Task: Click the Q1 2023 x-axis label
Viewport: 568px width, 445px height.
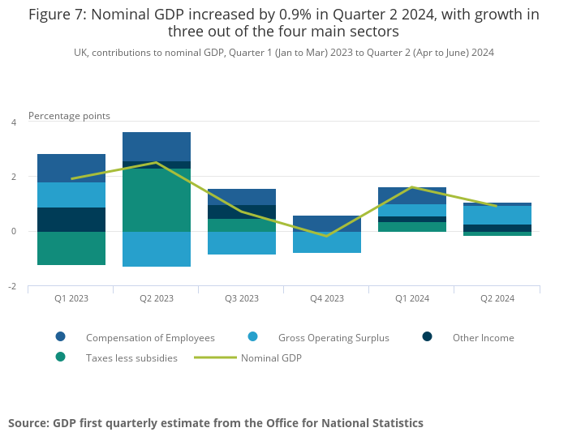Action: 71,298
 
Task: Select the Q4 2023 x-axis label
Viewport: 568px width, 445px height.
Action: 327,298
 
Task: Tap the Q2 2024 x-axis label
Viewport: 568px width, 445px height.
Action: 497,298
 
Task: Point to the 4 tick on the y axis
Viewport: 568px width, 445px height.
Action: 14,122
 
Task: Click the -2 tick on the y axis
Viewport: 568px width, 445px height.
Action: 12,286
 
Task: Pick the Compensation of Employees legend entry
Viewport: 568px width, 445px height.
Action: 150,338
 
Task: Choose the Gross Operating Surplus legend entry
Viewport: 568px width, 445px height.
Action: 333,338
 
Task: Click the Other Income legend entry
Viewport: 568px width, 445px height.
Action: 483,338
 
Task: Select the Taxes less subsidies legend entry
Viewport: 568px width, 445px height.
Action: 131,357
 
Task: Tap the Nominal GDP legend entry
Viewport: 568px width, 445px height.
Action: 271,357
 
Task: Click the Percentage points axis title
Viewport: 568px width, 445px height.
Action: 69,116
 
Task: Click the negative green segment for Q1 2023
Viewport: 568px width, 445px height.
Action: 71,248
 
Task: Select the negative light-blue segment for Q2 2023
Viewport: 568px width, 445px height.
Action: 157,249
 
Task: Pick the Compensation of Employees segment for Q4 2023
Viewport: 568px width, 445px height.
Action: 327,224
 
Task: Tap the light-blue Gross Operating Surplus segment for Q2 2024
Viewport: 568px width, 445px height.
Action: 497,215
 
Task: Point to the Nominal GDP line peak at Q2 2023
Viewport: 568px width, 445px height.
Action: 157,162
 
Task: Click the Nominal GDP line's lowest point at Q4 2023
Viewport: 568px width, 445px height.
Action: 327,236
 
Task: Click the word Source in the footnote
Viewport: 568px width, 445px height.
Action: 28,423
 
